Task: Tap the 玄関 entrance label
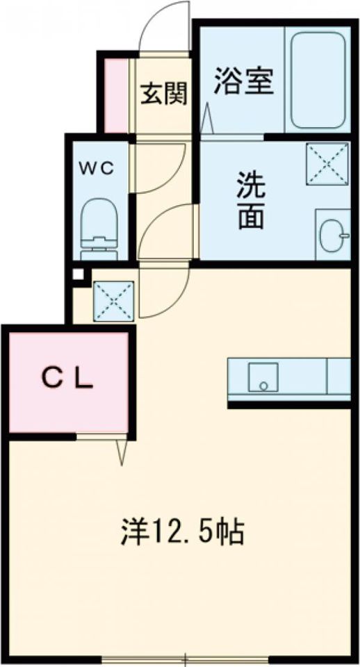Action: [x=165, y=93]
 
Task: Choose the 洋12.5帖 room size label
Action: [x=181, y=532]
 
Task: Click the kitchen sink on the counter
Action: [x=263, y=377]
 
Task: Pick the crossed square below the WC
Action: [x=113, y=300]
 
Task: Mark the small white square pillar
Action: [x=77, y=274]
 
